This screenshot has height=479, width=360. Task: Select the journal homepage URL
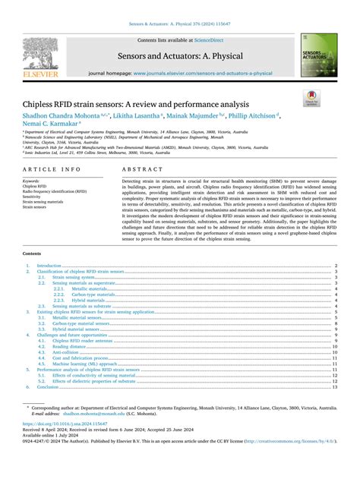tap(204, 74)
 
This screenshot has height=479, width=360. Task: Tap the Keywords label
tap(32, 181)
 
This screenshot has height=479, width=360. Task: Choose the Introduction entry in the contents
tap(49, 266)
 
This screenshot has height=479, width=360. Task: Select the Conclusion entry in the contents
tap(48, 386)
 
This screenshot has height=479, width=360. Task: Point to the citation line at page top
tap(180, 25)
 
